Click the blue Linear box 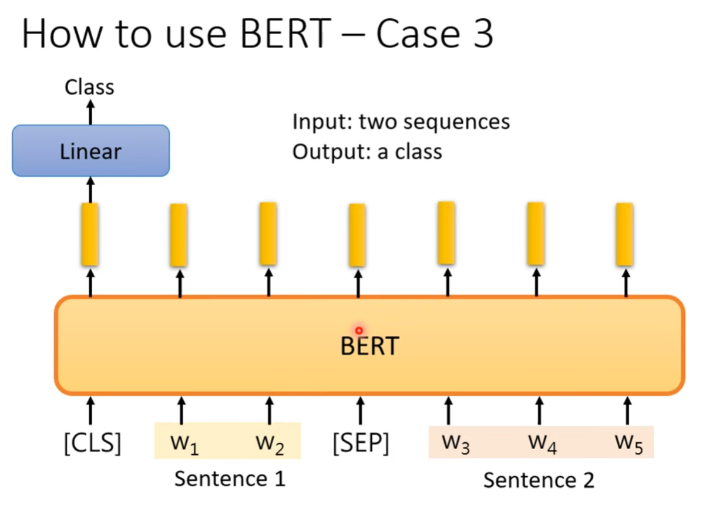coord(91,151)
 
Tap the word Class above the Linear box coord(89,87)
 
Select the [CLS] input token coord(92,443)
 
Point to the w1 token coord(183,445)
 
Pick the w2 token coord(270,445)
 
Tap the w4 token coord(542,445)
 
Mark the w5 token coord(628,445)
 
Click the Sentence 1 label coord(230,479)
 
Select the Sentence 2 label coord(539,480)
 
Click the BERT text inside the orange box coord(369,346)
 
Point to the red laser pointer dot coord(358,331)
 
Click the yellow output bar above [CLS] coord(90,234)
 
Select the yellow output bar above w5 coord(625,234)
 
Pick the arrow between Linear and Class coord(90,112)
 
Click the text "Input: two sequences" coord(401,122)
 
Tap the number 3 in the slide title coord(481,35)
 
